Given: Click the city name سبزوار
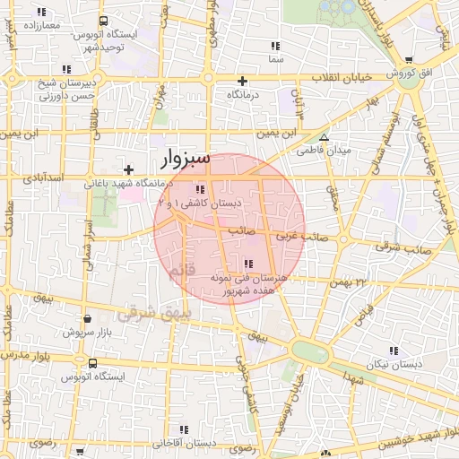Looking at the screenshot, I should (186, 159).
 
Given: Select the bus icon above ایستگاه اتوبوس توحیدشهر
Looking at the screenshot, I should (105, 21).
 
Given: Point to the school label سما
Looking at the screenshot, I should (275, 58).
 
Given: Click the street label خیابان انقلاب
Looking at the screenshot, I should (340, 76).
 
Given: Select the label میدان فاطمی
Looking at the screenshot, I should (323, 151).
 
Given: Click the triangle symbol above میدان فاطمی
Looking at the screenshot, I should (325, 137).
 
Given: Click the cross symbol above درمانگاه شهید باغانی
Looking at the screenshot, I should (129, 169).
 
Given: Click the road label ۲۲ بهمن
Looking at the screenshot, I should (349, 282).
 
